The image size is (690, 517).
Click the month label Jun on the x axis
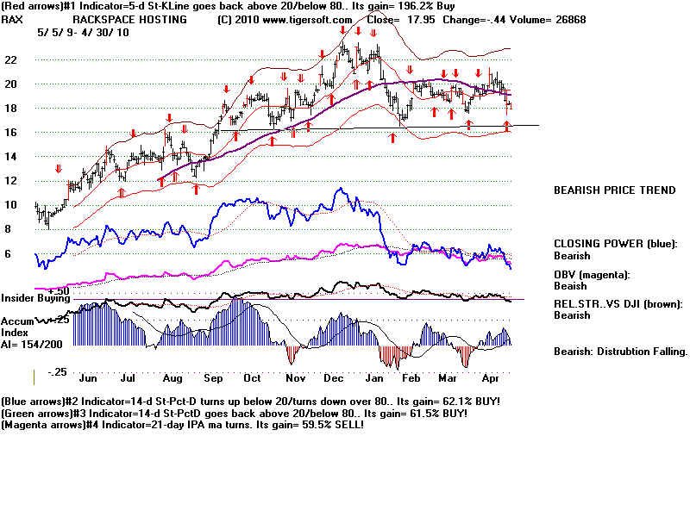click(88, 377)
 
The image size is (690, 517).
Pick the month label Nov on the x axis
click(295, 377)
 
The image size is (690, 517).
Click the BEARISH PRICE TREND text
click(613, 190)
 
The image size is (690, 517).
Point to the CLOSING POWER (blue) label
click(613, 243)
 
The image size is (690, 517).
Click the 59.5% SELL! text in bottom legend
click(331, 425)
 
